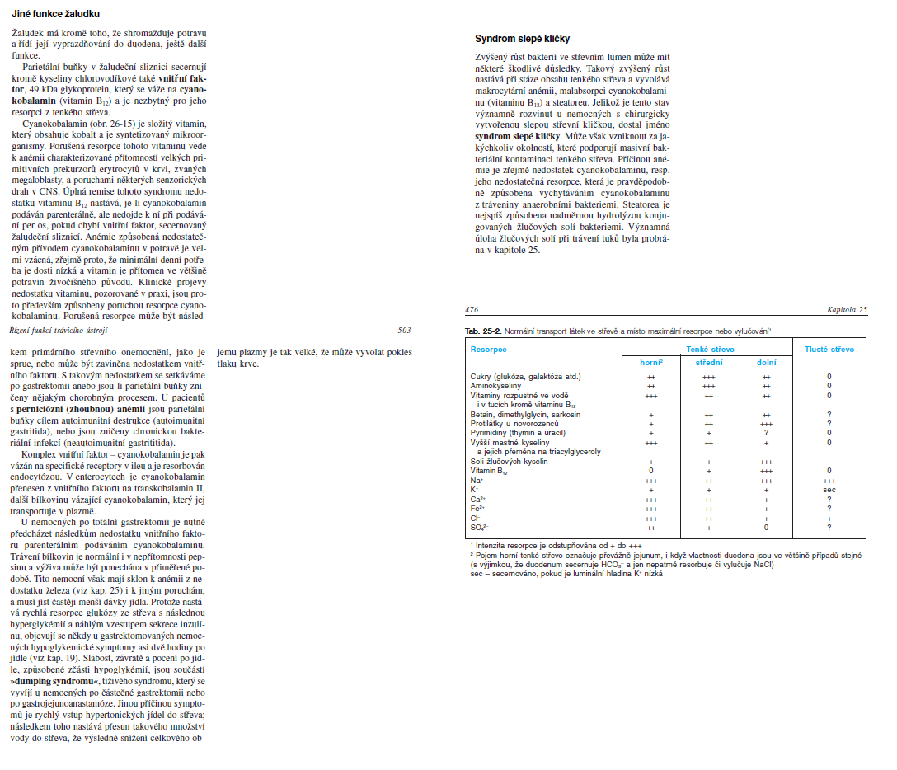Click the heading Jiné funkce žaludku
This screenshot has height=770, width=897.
click(x=55, y=14)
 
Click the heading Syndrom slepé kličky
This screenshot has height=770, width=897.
click(x=523, y=39)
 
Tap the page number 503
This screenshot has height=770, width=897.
click(x=404, y=331)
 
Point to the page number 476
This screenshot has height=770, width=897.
click(x=472, y=310)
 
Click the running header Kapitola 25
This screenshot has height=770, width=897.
click(x=847, y=310)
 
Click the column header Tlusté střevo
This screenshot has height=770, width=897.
click(x=829, y=350)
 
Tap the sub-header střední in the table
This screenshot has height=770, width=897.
click(x=708, y=363)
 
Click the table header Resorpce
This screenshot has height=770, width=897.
click(x=488, y=350)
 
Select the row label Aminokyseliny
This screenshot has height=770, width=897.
click(x=496, y=386)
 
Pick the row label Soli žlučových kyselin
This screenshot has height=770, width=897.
click(x=508, y=462)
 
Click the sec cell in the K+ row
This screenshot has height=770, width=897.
click(x=829, y=489)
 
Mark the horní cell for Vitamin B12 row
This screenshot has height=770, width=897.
click(x=651, y=471)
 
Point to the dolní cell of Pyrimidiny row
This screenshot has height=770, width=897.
click(x=766, y=433)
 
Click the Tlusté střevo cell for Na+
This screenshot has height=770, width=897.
click(x=829, y=480)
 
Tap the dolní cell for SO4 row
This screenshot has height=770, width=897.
click(x=766, y=527)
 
